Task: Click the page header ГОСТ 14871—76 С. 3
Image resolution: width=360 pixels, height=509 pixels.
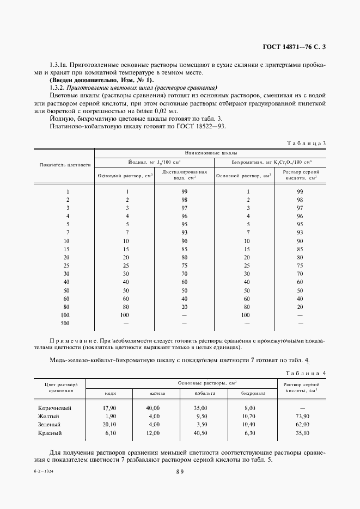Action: click(295, 47)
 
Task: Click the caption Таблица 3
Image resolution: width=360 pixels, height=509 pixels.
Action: click(306, 143)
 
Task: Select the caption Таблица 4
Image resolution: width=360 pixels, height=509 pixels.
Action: click(306, 373)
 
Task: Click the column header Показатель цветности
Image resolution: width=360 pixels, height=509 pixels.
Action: click(65, 164)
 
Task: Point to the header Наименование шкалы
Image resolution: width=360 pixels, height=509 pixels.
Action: click(210, 153)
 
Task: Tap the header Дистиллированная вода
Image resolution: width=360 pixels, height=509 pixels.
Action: click(185, 174)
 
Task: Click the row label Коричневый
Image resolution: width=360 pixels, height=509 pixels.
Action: click(54, 408)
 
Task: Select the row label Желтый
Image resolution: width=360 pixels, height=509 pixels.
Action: click(49, 416)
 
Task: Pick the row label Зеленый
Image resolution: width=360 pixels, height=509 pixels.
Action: click(50, 424)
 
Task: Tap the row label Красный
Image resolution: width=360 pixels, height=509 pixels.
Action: click(50, 433)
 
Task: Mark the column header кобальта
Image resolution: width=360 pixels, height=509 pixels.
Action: click(204, 393)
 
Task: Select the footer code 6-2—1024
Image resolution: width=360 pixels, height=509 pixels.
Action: click(47, 472)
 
